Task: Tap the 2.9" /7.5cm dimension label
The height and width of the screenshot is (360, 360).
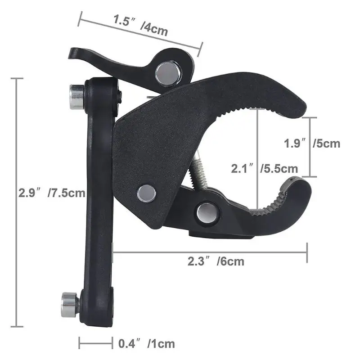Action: coord(52,193)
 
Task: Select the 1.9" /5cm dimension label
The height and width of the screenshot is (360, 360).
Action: coord(312,144)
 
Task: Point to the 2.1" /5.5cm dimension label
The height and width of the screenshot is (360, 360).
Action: coord(265,168)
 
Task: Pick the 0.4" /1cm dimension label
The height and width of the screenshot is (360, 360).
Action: coord(146,344)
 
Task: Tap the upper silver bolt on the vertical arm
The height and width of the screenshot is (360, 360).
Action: coord(76,95)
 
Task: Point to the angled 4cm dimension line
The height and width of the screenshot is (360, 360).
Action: coord(139,34)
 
